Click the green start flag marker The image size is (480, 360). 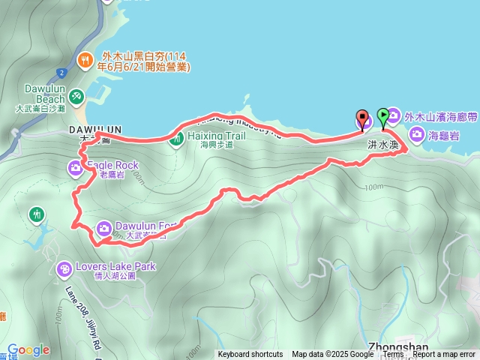click(383, 116)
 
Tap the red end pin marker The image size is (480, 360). click(363, 118)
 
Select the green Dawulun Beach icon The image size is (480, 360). click(76, 97)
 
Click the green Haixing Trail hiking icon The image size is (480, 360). click(177, 138)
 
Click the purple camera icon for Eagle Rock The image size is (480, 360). click(76, 168)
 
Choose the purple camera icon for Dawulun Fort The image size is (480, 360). click(104, 227)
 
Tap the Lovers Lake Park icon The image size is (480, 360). click(65, 268)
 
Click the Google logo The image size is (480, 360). click(28, 349)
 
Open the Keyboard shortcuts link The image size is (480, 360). click(250, 355)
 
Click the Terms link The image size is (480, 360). click(393, 355)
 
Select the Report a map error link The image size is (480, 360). click(444, 355)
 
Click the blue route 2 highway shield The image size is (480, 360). click(60, 73)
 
